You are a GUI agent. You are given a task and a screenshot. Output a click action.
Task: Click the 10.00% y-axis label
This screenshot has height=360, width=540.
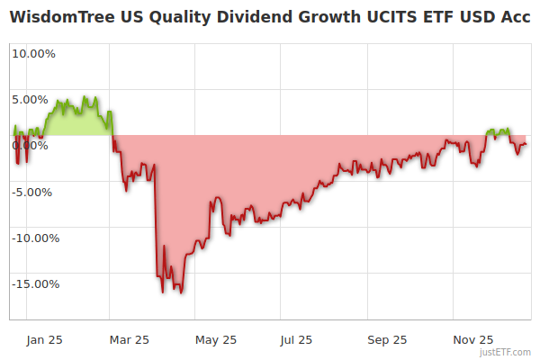coord(32,53)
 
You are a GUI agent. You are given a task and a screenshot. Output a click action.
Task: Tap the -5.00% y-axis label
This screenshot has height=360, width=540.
coord(34,192)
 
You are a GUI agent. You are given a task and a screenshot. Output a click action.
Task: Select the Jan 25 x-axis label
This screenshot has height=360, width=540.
coord(44,339)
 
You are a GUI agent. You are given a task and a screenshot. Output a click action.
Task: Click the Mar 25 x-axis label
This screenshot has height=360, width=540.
coord(129,339)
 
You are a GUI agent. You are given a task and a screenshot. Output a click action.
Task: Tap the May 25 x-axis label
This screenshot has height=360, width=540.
coord(216,339)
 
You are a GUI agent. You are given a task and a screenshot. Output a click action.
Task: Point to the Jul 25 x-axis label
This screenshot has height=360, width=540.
coord(297,339)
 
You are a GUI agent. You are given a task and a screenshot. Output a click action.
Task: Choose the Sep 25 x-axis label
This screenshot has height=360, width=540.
coord(387,339)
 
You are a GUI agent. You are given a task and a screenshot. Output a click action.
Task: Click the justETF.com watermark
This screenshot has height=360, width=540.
coord(507,352)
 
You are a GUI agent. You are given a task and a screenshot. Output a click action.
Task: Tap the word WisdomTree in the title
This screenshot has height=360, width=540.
coord(62,18)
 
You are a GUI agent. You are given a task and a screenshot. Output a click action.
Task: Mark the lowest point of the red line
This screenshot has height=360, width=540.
coord(181,292)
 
